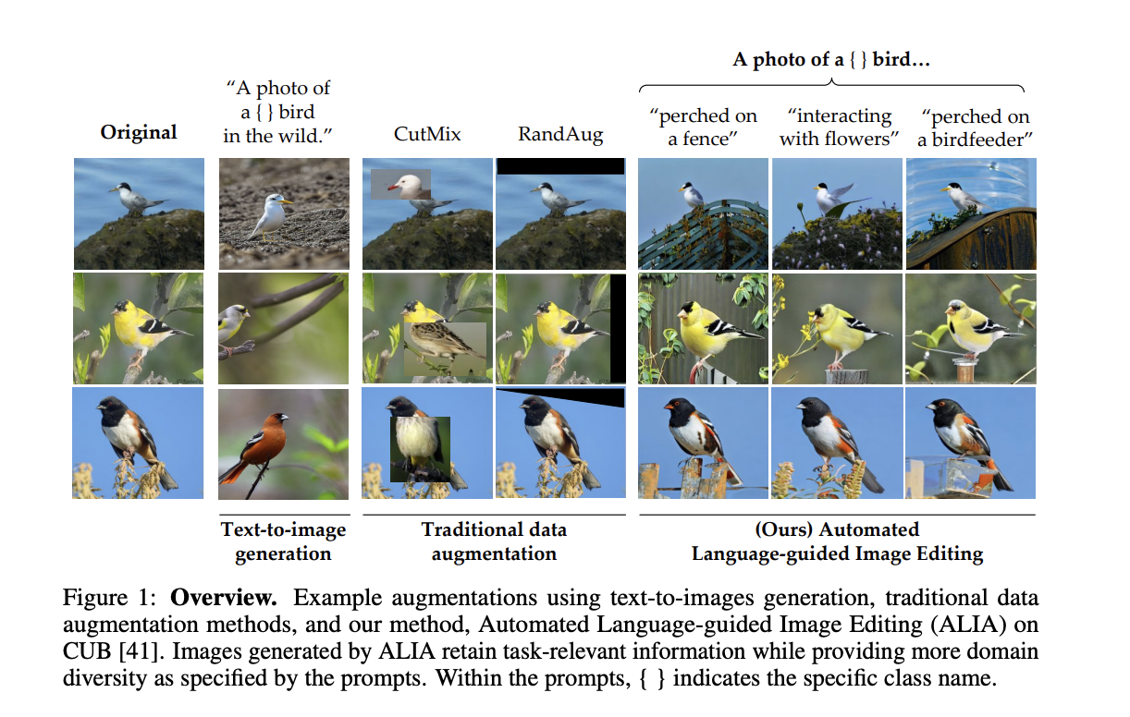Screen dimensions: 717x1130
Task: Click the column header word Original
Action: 139,133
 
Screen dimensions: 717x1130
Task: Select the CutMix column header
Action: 427,134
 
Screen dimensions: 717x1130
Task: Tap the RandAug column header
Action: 559,135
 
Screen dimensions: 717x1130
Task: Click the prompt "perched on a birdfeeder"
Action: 976,128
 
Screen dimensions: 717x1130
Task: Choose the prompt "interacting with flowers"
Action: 840,128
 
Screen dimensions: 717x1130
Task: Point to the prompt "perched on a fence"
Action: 704,128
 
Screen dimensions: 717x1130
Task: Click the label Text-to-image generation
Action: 283,541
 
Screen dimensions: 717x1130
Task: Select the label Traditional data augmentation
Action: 494,541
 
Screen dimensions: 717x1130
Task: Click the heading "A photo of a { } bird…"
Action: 830,60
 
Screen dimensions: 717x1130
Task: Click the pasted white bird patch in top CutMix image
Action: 400,184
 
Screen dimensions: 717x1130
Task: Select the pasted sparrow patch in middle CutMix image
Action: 444,346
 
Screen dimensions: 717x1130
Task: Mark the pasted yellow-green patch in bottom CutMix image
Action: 419,448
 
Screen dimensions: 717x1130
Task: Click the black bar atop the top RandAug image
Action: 559,166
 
